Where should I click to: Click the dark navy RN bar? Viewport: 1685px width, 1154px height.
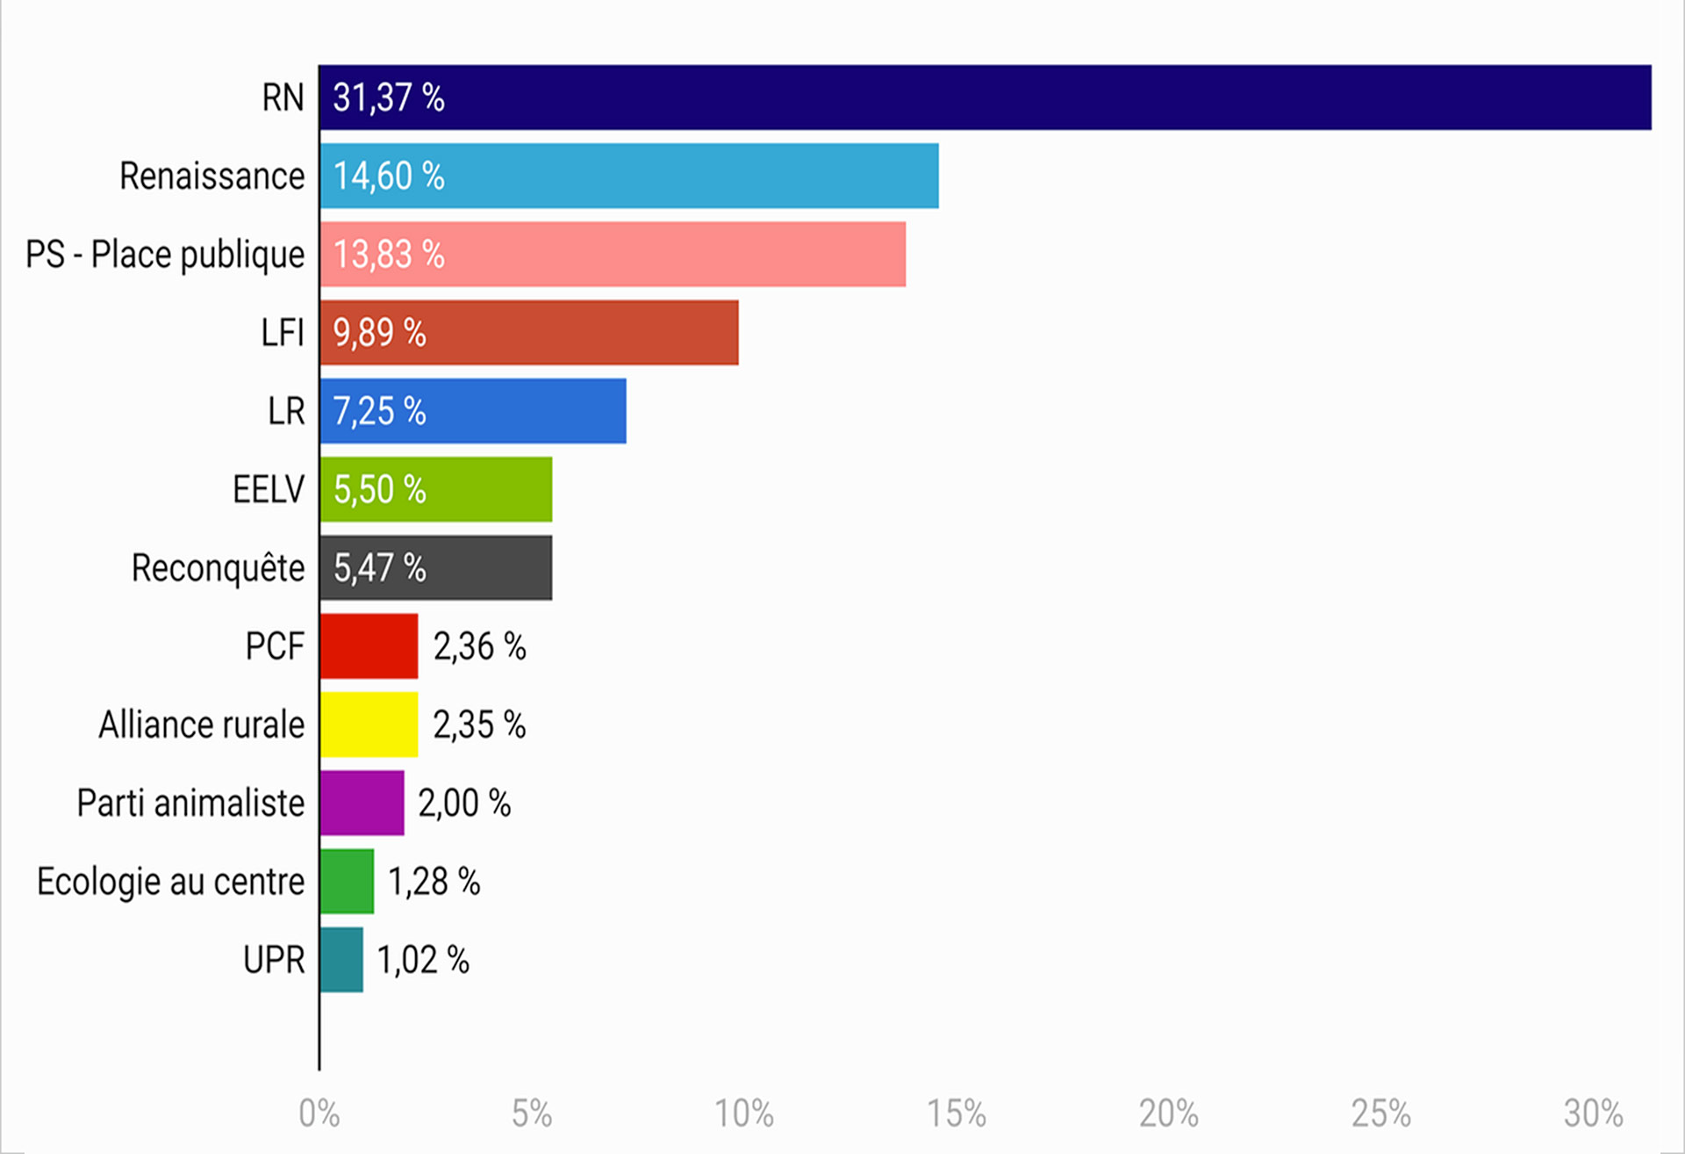click(x=985, y=97)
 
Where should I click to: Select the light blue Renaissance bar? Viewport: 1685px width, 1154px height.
click(x=628, y=176)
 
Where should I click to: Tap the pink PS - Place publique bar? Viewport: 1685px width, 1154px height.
click(x=613, y=254)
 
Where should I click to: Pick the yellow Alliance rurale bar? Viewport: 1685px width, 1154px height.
click(x=369, y=725)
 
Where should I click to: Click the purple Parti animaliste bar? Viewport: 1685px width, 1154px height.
click(x=362, y=803)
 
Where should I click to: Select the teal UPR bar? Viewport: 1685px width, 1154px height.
click(x=341, y=960)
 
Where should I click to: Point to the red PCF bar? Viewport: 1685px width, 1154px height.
click(x=369, y=646)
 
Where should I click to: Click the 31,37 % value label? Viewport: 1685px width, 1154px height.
click(x=388, y=97)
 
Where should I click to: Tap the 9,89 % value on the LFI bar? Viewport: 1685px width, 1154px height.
click(x=379, y=333)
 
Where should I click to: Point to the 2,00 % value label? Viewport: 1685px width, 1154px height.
click(x=464, y=804)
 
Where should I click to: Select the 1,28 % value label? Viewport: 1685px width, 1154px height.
click(x=434, y=882)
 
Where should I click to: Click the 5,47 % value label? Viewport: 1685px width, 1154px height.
click(x=379, y=568)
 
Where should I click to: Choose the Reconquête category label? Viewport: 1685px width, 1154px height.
click(x=218, y=568)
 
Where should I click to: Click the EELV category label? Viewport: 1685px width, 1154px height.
click(x=268, y=489)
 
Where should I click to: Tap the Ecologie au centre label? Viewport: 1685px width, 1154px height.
click(x=170, y=882)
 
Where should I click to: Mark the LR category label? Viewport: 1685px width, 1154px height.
click(x=286, y=411)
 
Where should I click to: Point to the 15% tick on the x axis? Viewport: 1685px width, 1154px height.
click(x=957, y=1114)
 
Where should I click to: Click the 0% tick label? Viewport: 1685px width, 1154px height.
click(x=319, y=1114)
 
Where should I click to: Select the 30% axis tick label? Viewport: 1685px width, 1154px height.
click(x=1593, y=1114)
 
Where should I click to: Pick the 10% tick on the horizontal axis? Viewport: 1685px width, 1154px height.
click(x=743, y=1114)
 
